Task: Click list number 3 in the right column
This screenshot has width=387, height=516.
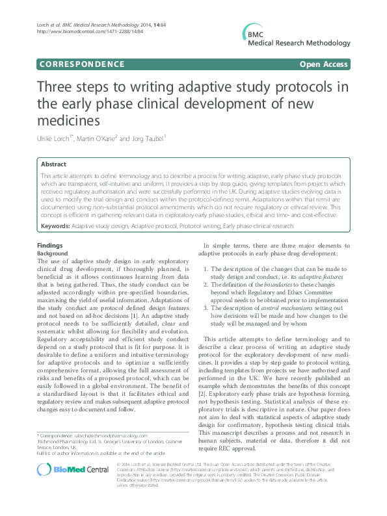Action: [206, 307]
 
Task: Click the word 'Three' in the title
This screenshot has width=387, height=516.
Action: [56, 88]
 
